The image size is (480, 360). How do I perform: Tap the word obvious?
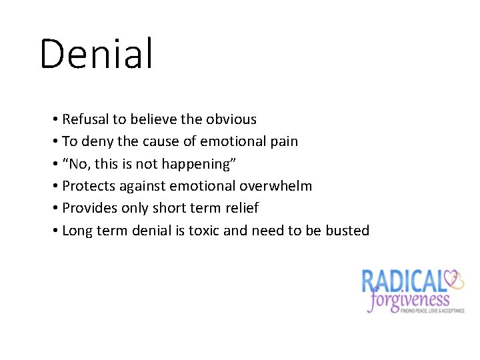(231, 119)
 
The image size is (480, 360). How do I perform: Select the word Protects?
(89, 186)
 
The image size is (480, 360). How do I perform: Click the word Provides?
(90, 208)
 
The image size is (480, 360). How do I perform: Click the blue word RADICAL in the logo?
(403, 280)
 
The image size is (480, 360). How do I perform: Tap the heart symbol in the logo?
(456, 278)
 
